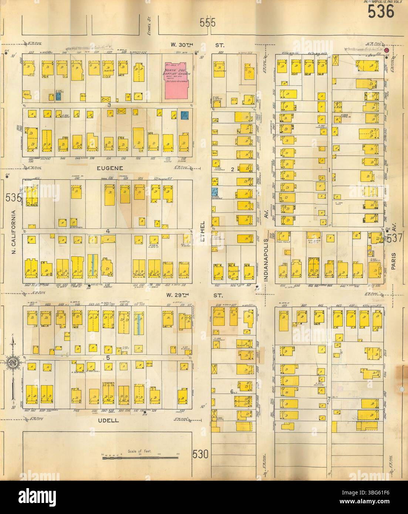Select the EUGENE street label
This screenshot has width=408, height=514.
point(108,168)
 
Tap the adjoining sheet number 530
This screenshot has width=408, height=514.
point(200,453)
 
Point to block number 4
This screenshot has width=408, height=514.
point(108,232)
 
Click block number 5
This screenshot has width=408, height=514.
point(108,358)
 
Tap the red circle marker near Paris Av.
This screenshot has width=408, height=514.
point(386,50)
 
